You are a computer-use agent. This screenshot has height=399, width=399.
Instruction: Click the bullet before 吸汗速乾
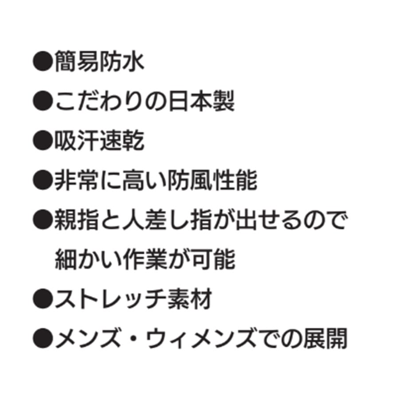point(43,141)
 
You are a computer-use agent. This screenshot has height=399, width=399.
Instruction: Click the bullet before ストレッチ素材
point(43,300)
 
